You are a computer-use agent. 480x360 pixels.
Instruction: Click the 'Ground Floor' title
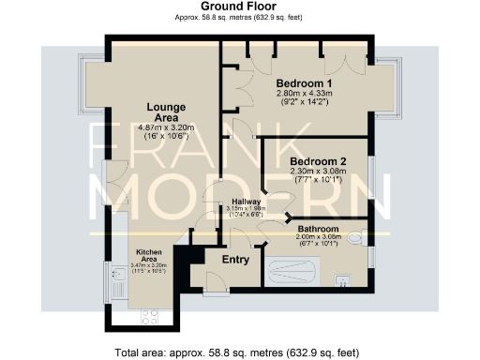239,7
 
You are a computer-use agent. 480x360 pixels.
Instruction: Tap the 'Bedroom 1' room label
305,83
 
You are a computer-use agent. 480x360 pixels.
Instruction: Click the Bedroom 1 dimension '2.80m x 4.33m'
305,95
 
